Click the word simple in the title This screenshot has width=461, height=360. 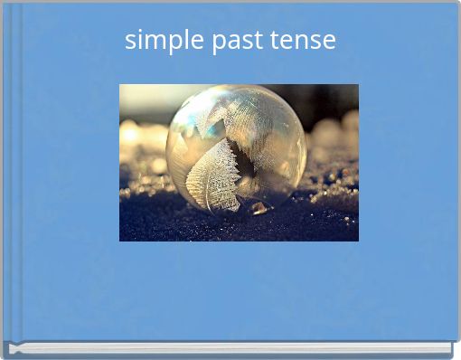[x=165, y=41]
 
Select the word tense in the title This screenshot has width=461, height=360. [x=306, y=41]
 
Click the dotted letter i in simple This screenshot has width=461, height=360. [x=138, y=39]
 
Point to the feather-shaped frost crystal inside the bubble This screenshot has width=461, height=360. [x=213, y=176]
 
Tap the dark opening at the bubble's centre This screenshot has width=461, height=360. [x=241, y=164]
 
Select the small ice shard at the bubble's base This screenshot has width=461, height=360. [x=259, y=208]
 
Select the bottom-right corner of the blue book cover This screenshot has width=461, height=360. [x=455, y=337]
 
